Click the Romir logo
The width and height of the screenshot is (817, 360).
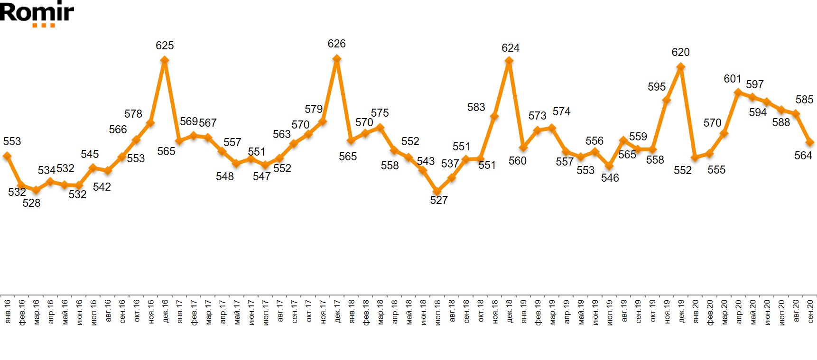tap(37, 13)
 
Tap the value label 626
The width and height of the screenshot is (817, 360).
tap(336, 44)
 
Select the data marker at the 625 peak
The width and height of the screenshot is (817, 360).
tap(165, 60)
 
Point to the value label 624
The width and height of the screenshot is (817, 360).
tap(511, 48)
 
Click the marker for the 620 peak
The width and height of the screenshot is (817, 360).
tap(681, 67)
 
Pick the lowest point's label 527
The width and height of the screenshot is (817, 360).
tap(439, 200)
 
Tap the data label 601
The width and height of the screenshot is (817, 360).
tap(733, 79)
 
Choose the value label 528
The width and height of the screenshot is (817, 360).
tap(31, 203)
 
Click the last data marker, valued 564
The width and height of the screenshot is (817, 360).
tap(810, 142)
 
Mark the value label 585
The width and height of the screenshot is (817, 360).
tap(804, 100)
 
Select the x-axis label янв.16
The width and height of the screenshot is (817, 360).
tap(7, 312)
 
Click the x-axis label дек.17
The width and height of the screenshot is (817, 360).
tap(337, 312)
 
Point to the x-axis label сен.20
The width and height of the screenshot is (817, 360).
tap(810, 312)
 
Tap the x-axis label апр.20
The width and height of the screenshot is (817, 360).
tap(738, 312)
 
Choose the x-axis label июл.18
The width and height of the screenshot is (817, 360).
tap(437, 312)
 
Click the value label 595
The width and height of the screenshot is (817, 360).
tap(657, 87)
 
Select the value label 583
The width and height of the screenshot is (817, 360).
tap(476, 107)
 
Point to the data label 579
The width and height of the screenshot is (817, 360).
tap(314, 109)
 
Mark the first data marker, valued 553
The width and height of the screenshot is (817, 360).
tap(7, 156)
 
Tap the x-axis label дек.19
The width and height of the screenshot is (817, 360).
tap(681, 312)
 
